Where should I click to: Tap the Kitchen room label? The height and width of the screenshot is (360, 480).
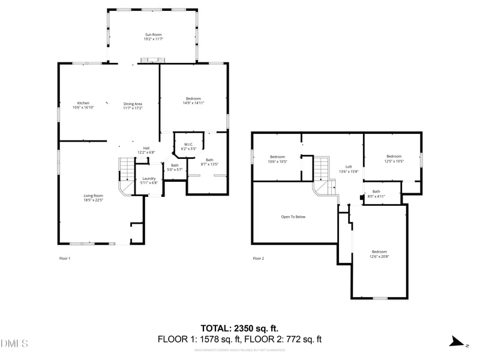83,103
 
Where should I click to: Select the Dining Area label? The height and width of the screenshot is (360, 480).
133,103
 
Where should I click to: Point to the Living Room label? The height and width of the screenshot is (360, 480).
93,196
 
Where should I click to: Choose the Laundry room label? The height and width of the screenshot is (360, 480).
149,178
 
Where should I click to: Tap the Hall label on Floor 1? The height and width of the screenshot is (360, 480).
146,148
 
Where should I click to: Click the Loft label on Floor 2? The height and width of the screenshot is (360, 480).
349,167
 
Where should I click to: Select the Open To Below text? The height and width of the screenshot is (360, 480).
293,217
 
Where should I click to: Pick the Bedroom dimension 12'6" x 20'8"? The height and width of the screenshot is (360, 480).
379,256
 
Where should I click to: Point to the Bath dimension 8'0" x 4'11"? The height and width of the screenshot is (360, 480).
376,196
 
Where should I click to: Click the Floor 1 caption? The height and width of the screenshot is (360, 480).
65,259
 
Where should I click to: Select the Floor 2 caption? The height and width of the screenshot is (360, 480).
258,259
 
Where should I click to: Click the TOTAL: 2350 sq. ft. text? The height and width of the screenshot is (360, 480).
239,328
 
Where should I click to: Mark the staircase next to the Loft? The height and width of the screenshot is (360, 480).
322,174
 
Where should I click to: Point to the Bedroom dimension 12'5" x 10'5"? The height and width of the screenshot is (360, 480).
394,161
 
